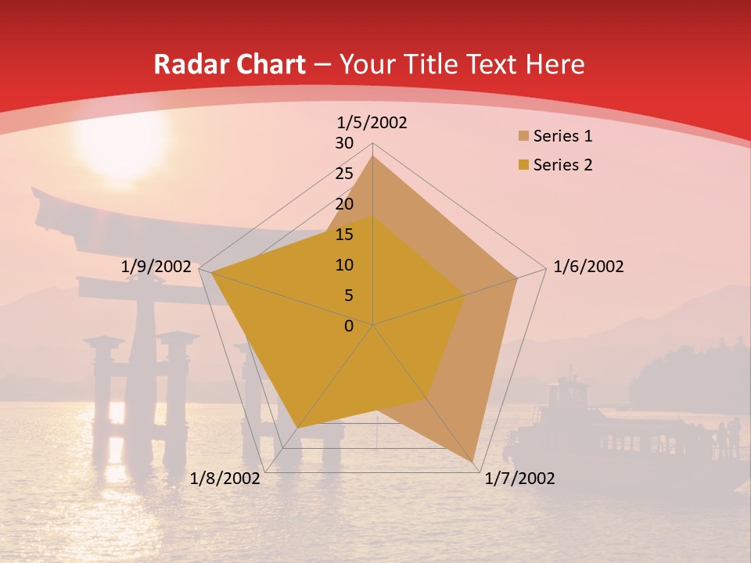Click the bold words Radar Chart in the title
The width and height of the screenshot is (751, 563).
pyautogui.click(x=229, y=65)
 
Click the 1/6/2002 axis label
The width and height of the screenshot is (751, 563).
pyautogui.click(x=588, y=267)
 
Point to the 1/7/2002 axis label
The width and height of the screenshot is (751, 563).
pyautogui.click(x=519, y=479)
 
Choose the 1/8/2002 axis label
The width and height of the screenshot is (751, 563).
pyautogui.click(x=225, y=479)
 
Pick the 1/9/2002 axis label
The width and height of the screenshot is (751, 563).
pyautogui.click(x=156, y=267)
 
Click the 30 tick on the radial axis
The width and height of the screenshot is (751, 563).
pyautogui.click(x=344, y=143)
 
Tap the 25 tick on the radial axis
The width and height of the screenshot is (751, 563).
pyautogui.click(x=344, y=174)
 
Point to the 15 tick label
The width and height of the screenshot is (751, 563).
pyautogui.click(x=344, y=235)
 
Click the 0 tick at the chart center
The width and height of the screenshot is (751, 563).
pyautogui.click(x=349, y=326)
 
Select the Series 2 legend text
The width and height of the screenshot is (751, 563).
pyautogui.click(x=562, y=165)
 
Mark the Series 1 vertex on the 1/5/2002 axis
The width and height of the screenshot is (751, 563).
pyautogui.click(x=372, y=156)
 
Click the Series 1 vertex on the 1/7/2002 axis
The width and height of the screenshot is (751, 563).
pyautogui.click(x=475, y=464)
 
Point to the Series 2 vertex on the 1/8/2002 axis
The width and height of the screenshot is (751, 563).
pyautogui.click(x=297, y=428)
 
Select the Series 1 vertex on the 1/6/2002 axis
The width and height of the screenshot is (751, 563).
pyautogui.click(x=517, y=278)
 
